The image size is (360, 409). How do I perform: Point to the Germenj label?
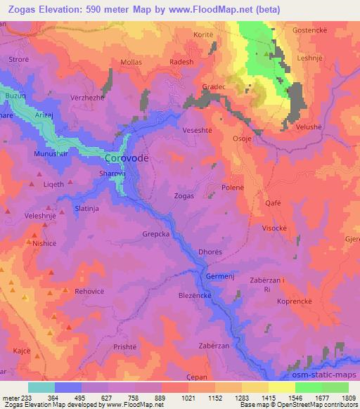(x=219, y=276)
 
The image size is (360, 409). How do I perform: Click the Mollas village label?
(x=131, y=63)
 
